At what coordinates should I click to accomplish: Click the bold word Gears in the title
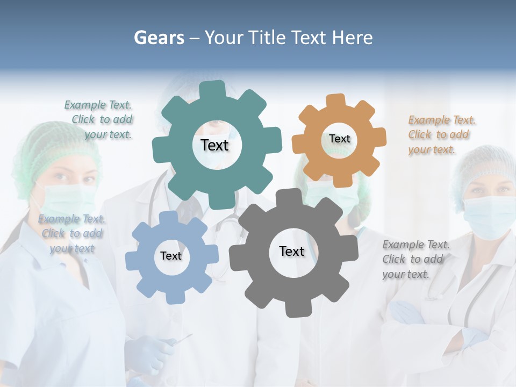pos(159,38)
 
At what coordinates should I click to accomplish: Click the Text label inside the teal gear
pos(214,145)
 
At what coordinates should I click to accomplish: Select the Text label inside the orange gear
pos(339,139)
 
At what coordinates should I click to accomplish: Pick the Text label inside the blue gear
pos(171,256)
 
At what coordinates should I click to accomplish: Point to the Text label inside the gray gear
pos(292,251)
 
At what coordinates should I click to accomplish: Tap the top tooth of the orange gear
pos(336,101)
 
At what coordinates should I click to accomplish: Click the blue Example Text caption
pos(71,233)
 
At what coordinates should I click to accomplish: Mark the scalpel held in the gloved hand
pos(183,339)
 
